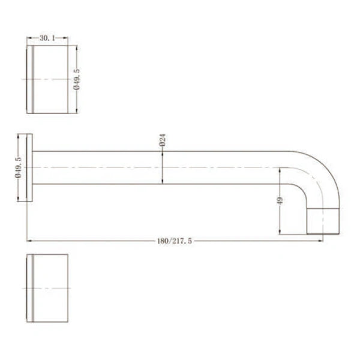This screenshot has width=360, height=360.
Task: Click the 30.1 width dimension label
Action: [47, 37]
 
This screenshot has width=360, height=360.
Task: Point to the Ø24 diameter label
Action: [163, 141]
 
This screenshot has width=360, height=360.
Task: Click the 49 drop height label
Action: [280, 202]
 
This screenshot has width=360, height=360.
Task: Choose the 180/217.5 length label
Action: [175, 241]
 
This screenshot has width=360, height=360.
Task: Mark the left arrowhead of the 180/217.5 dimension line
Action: [29, 241]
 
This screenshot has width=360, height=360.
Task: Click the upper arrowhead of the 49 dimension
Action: [280, 170]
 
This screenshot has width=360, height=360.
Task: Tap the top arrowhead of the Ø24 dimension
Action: [163, 154]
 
